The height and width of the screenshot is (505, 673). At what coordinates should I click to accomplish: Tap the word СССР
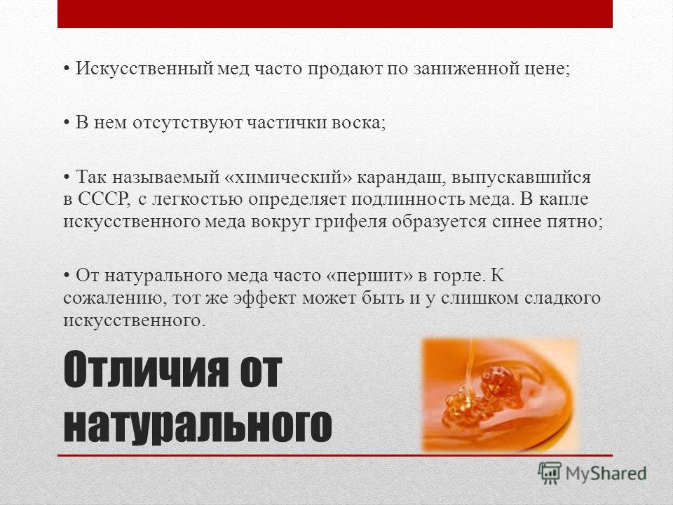(x=104, y=199)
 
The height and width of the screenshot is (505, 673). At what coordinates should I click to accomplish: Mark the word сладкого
(x=562, y=298)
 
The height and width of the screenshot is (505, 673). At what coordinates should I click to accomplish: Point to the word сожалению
(x=114, y=298)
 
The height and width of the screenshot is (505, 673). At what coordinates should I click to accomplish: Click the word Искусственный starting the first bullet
(x=144, y=69)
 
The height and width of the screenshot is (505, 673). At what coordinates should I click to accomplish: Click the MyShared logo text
(x=606, y=473)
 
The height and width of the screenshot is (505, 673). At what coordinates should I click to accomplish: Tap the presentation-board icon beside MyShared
(x=550, y=473)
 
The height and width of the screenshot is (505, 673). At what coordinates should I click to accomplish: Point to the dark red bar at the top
(x=335, y=14)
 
